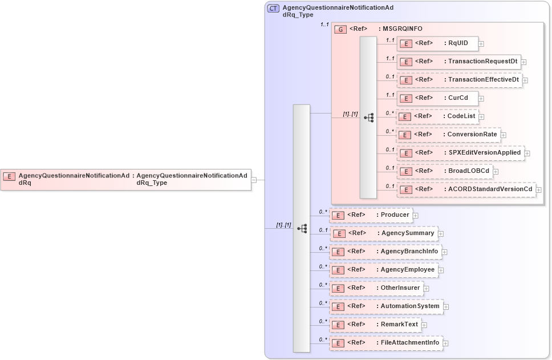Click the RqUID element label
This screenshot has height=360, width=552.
click(x=458, y=43)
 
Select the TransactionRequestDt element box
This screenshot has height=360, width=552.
click(x=459, y=62)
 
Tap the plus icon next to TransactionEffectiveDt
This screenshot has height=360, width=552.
click(x=525, y=80)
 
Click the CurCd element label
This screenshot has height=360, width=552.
click(x=458, y=98)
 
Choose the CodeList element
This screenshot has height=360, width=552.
click(x=437, y=116)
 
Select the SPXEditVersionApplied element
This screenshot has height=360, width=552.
click(x=460, y=153)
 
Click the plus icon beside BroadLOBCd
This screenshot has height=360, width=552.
click(x=496, y=171)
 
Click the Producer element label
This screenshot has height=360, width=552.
click(x=395, y=215)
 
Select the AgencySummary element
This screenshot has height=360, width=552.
click(x=384, y=233)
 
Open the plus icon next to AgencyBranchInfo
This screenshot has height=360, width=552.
click(x=444, y=252)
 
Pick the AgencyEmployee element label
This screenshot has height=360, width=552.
click(x=407, y=270)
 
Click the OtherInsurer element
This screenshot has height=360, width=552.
click(x=377, y=288)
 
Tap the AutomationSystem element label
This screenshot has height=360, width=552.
click(x=410, y=306)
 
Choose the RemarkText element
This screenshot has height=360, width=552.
click(x=376, y=325)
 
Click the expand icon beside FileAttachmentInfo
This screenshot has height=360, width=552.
click(x=445, y=343)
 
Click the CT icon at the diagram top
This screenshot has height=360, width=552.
click(x=273, y=9)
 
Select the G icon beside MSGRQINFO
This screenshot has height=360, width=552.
click(x=340, y=29)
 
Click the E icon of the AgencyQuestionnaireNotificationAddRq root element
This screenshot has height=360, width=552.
click(x=9, y=176)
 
